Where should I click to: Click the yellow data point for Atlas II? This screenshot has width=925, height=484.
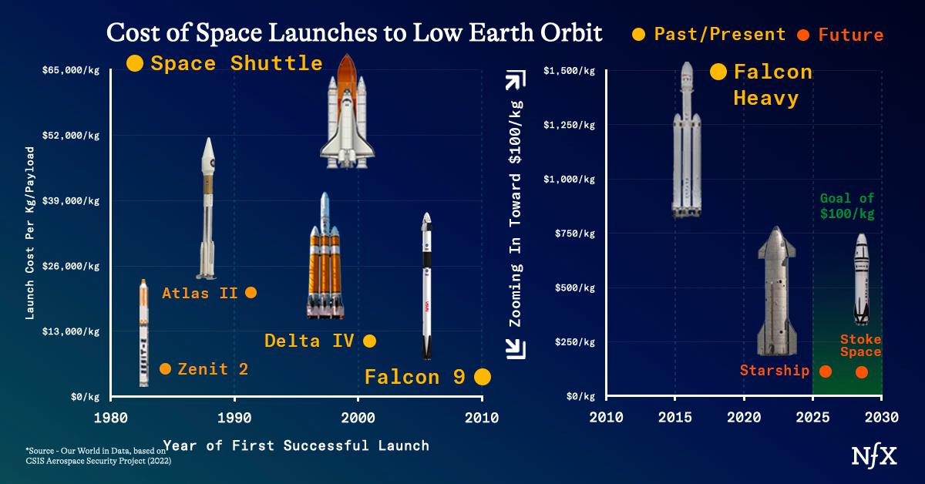click(251, 292)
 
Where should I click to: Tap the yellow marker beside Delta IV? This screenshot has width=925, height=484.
click(369, 341)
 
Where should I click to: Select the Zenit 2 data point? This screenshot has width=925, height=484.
click(165, 369)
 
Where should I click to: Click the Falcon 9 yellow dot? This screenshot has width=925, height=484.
click(483, 377)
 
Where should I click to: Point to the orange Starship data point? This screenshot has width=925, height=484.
click(825, 371)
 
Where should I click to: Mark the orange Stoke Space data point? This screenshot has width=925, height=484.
click(862, 372)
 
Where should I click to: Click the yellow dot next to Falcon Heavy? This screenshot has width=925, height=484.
click(718, 72)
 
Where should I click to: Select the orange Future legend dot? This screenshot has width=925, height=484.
click(802, 35)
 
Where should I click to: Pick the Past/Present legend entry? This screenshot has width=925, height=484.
click(708, 35)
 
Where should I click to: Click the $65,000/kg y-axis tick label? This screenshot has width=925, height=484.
click(71, 70)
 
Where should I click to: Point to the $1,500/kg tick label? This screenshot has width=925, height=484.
click(569, 71)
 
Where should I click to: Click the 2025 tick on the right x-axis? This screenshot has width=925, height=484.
click(812, 418)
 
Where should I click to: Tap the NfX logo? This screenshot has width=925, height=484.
click(873, 455)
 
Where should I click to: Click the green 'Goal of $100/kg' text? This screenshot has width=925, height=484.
click(846, 205)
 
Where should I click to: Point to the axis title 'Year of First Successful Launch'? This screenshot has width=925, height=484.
click(296, 445)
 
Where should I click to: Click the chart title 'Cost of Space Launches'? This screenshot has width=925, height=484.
click(355, 33)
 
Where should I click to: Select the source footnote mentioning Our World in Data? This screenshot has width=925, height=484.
click(96, 455)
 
